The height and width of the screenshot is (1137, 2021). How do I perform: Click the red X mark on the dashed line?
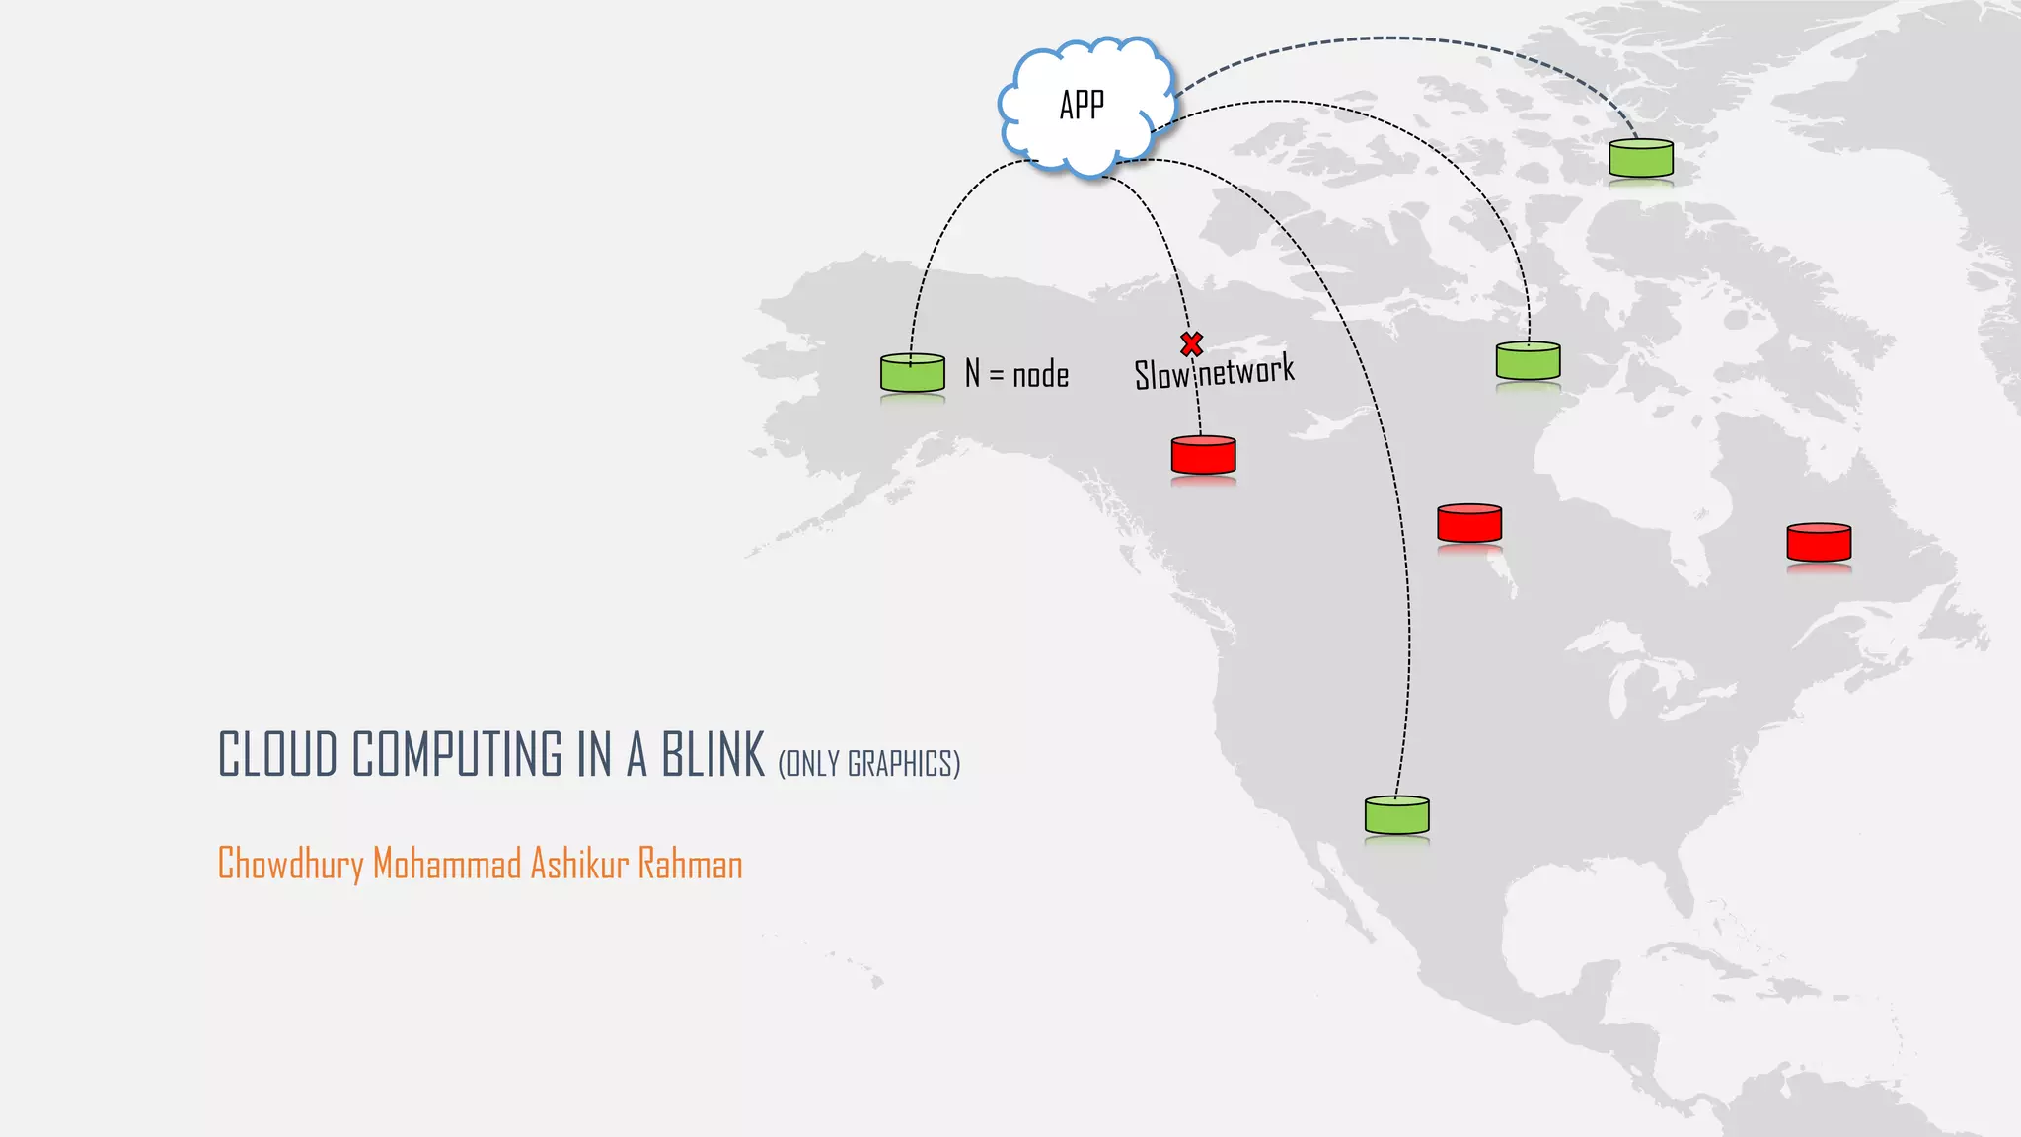point(1192,343)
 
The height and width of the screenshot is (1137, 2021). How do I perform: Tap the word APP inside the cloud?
point(1082,105)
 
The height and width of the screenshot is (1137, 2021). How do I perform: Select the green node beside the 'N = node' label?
point(913,373)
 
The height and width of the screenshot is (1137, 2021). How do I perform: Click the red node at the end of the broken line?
point(1203,455)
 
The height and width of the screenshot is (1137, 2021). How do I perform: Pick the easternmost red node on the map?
point(1819,542)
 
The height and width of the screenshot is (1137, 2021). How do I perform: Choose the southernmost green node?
point(1396,815)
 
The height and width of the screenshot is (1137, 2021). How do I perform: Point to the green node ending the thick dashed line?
point(1640,158)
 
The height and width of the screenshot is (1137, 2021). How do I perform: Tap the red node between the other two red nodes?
point(1469,523)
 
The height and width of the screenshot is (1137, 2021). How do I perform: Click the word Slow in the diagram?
point(1162,375)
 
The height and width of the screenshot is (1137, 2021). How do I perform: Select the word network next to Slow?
point(1246,371)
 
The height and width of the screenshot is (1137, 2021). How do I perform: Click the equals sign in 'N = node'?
point(996,376)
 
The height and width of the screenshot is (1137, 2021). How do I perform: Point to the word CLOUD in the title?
point(278,755)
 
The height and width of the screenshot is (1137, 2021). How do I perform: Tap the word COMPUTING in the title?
point(458,755)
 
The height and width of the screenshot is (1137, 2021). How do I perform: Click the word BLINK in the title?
point(712,755)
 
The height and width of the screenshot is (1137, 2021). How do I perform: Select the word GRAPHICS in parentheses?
point(901,764)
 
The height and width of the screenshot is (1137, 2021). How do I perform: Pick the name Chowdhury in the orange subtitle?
point(290,865)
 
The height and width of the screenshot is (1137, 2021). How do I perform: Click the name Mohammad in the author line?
point(447,865)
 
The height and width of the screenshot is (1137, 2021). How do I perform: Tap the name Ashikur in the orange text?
point(579,865)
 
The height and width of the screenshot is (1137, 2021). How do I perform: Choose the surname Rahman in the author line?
point(690,865)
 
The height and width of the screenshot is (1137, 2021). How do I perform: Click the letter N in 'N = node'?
point(973,373)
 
